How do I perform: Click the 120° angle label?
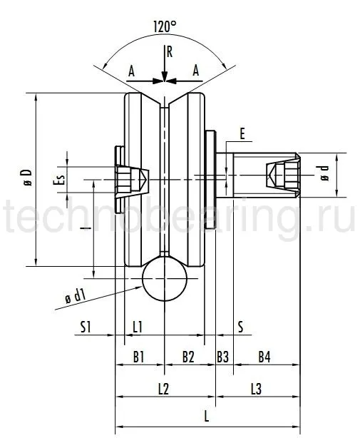pos(165,26)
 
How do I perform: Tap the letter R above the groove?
pos(169,51)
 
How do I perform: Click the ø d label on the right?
pos(325,173)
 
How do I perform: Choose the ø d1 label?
pos(75,296)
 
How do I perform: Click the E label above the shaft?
pos(242,134)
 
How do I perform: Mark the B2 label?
pos(188,355)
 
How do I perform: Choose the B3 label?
pos(223,355)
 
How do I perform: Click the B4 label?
pos(264,355)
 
